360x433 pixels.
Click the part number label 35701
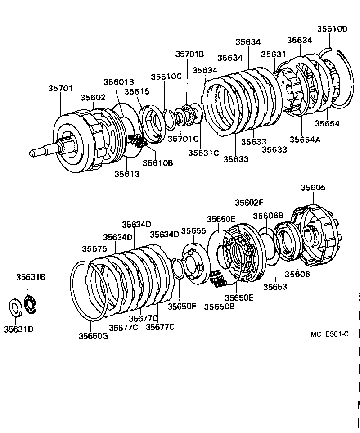point(60,89)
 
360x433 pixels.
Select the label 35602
point(93,97)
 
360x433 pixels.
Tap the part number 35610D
point(332,29)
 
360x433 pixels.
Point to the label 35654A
point(305,139)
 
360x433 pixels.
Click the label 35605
point(313,188)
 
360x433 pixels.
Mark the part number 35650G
point(93,335)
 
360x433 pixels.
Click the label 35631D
point(19,329)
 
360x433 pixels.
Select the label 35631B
point(31,278)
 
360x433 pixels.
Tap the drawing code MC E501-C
point(329,334)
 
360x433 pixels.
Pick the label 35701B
point(189,54)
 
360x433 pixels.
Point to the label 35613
point(127,174)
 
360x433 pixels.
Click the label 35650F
point(182,306)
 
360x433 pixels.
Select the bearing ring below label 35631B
point(31,304)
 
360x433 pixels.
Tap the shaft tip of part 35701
point(32,153)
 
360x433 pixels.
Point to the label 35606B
point(268,216)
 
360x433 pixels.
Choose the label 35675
point(94,248)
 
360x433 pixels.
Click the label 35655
point(193,231)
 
